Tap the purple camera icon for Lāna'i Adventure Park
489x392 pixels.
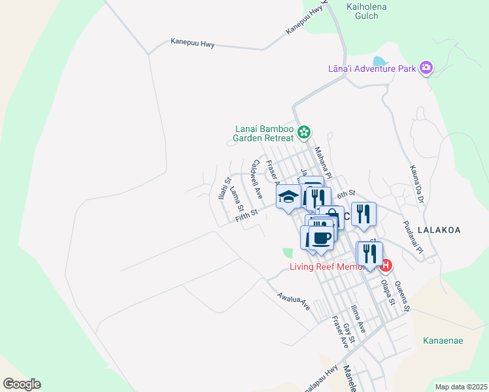426,67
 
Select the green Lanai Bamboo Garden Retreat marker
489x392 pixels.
304,133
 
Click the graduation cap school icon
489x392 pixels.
288,196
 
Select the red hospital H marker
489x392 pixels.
386,265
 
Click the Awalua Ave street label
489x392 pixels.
292,299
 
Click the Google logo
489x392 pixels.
22,384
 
